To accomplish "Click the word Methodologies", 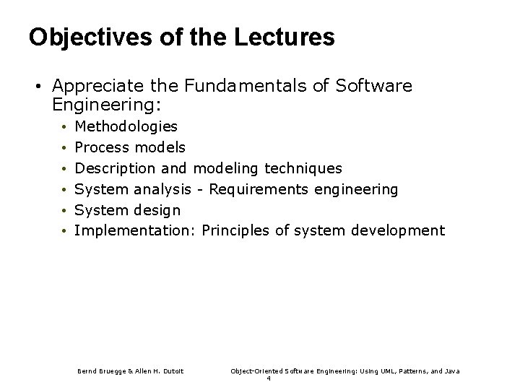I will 126,126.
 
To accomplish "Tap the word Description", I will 115,168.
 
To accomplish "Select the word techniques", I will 303,168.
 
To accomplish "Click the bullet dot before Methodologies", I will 64,127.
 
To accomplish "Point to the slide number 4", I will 268,379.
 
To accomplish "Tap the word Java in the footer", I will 452,370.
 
